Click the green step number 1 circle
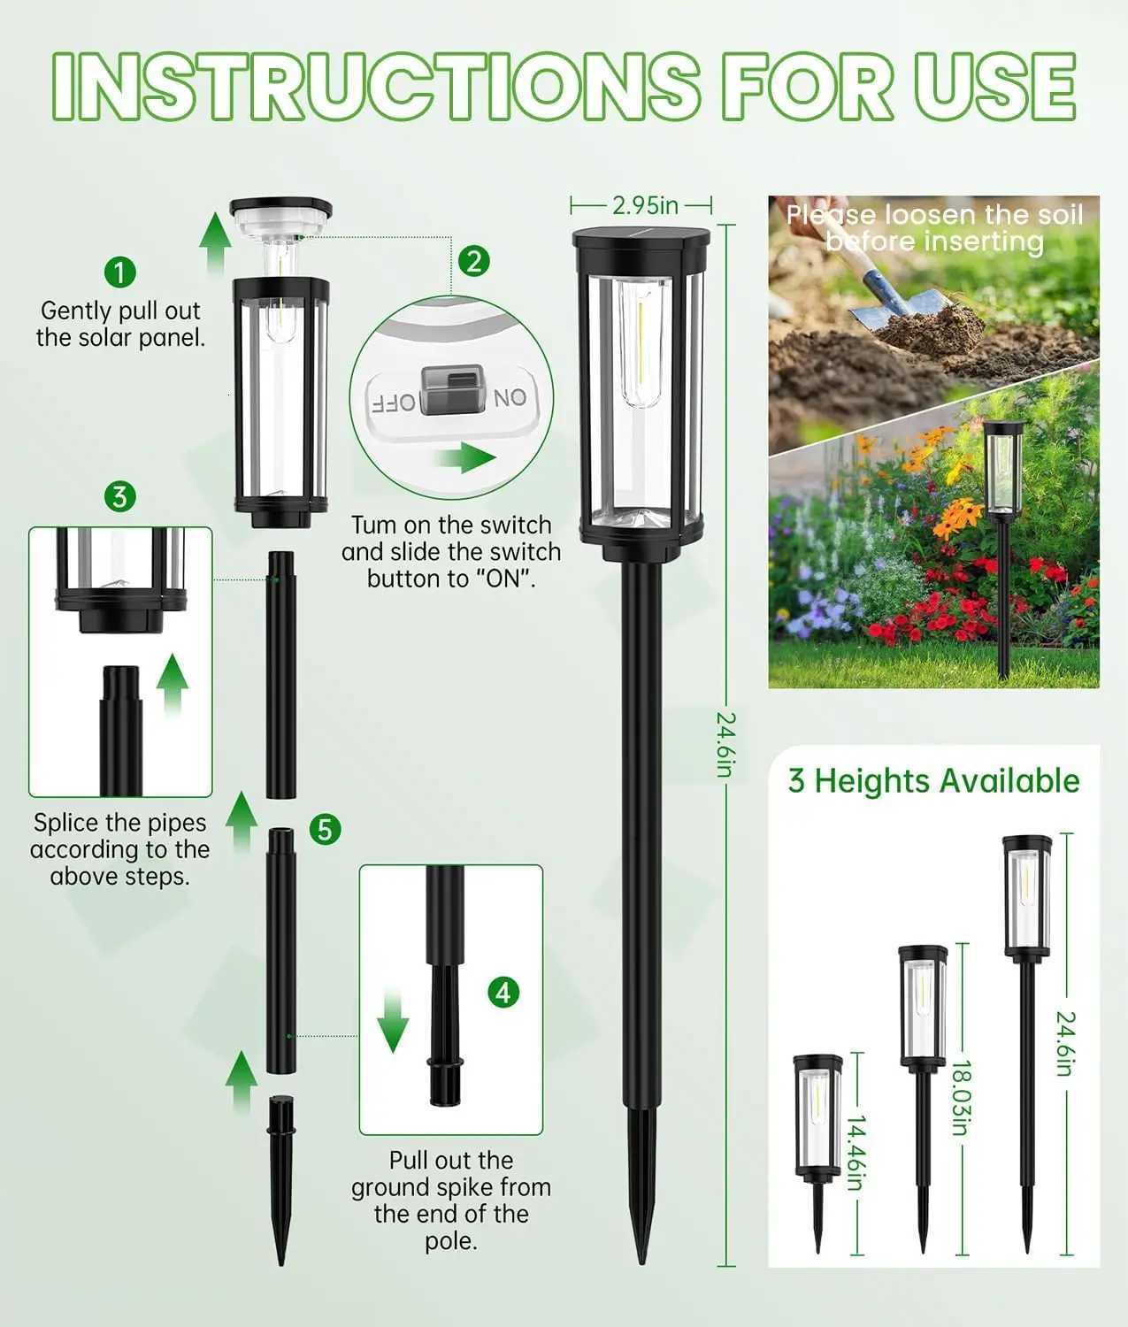click(x=120, y=271)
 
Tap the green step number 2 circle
click(x=475, y=261)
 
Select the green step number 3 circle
click(x=120, y=496)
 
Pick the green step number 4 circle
click(x=503, y=992)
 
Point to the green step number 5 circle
click(x=326, y=829)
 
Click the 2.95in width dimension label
click(x=645, y=205)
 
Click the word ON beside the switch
click(x=510, y=398)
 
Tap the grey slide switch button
click(x=454, y=390)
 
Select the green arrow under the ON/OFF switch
click(x=465, y=458)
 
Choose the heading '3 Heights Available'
click(x=933, y=780)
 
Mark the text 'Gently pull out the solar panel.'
click(x=120, y=324)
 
